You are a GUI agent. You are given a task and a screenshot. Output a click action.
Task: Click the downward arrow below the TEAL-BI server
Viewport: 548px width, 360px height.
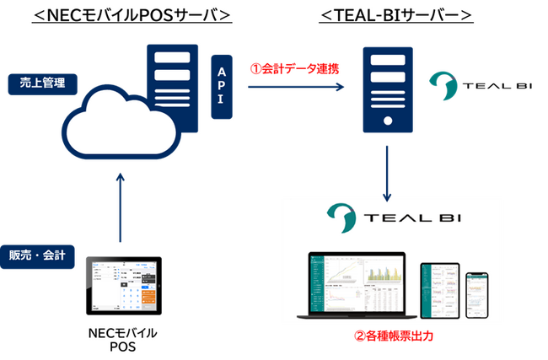387,173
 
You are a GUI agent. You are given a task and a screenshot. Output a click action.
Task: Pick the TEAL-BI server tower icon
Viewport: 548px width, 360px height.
387,93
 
